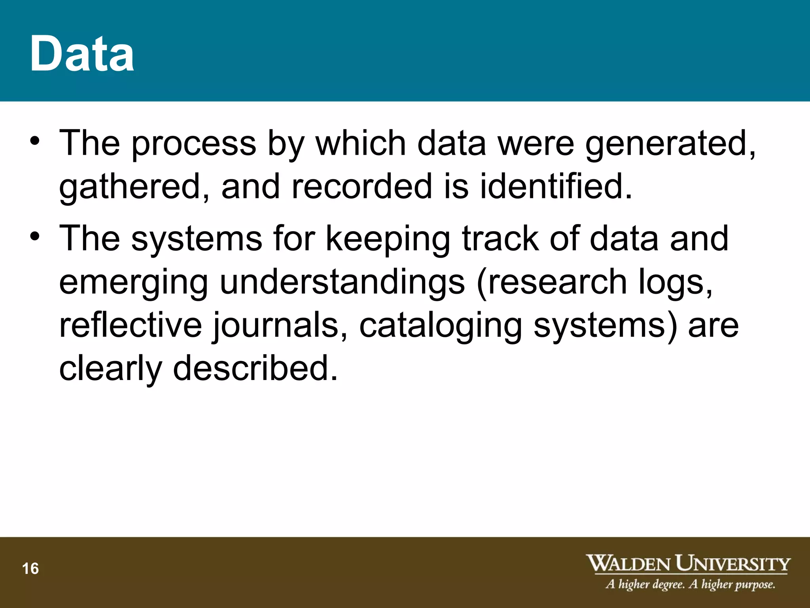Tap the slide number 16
pos(30,569)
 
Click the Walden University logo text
pos(688,564)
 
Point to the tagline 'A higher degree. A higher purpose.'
pos(690,584)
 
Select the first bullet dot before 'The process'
pos(35,141)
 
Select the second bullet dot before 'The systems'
pos(35,237)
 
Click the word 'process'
pos(194,143)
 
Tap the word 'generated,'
pos(671,143)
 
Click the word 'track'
pos(500,238)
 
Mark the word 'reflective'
pos(131,325)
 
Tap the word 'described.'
pos(255,369)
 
